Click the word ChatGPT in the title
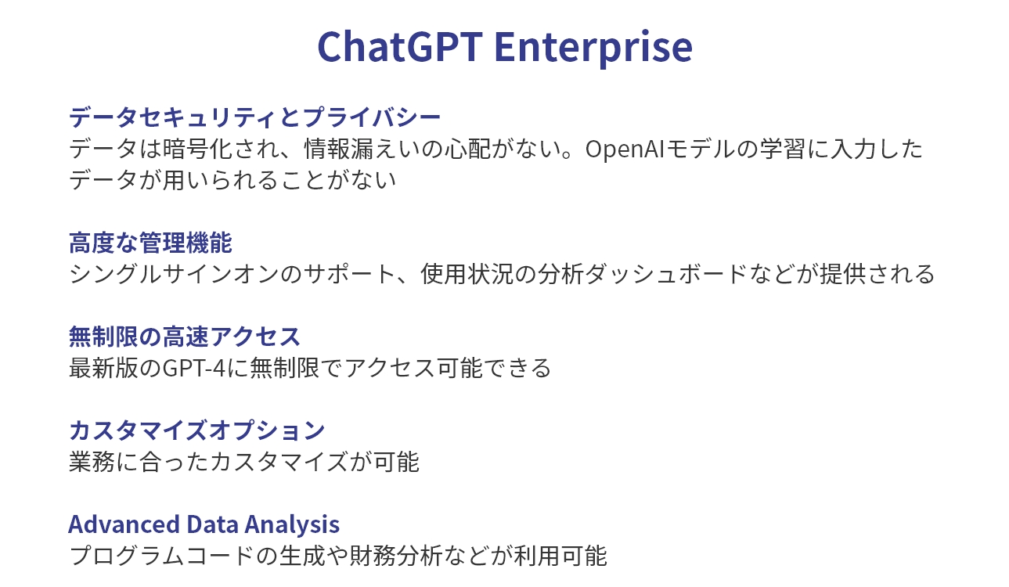pyautogui.click(x=400, y=46)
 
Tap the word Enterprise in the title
pyautogui.click(x=593, y=49)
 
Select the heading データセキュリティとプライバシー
pyautogui.click(x=254, y=117)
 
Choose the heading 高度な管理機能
pyautogui.click(x=150, y=243)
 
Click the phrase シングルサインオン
pyautogui.click(x=175, y=275)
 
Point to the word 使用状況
pyautogui.click(x=467, y=275)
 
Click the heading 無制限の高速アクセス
pyautogui.click(x=185, y=337)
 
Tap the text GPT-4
pyautogui.click(x=193, y=368)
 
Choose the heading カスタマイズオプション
pyautogui.click(x=196, y=430)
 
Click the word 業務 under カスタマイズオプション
pyautogui.click(x=92, y=462)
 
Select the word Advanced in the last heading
pyautogui.click(x=124, y=524)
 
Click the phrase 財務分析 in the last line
pyautogui.click(x=396, y=556)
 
